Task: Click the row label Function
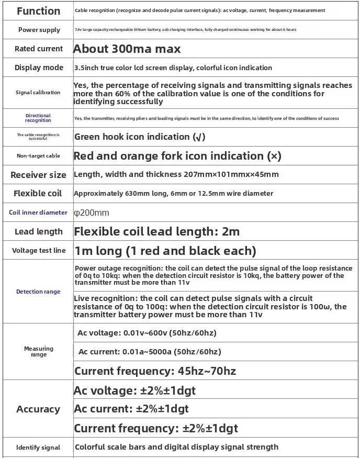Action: (38, 11)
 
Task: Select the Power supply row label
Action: (39, 30)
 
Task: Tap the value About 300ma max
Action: (127, 49)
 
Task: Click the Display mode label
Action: (39, 68)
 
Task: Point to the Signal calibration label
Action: (38, 93)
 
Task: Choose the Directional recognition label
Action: (38, 118)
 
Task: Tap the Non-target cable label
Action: (38, 156)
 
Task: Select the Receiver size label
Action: (39, 175)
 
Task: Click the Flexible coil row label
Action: (38, 193)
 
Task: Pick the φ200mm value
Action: (92, 213)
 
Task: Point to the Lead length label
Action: (38, 231)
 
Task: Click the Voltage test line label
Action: (39, 250)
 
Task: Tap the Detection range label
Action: (38, 292)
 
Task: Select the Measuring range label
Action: (39, 351)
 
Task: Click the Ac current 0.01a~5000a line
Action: (149, 352)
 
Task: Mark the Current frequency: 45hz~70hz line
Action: (155, 371)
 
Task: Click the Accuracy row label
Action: (38, 409)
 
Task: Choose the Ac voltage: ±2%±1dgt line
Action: (135, 390)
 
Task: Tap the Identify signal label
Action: (38, 448)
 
